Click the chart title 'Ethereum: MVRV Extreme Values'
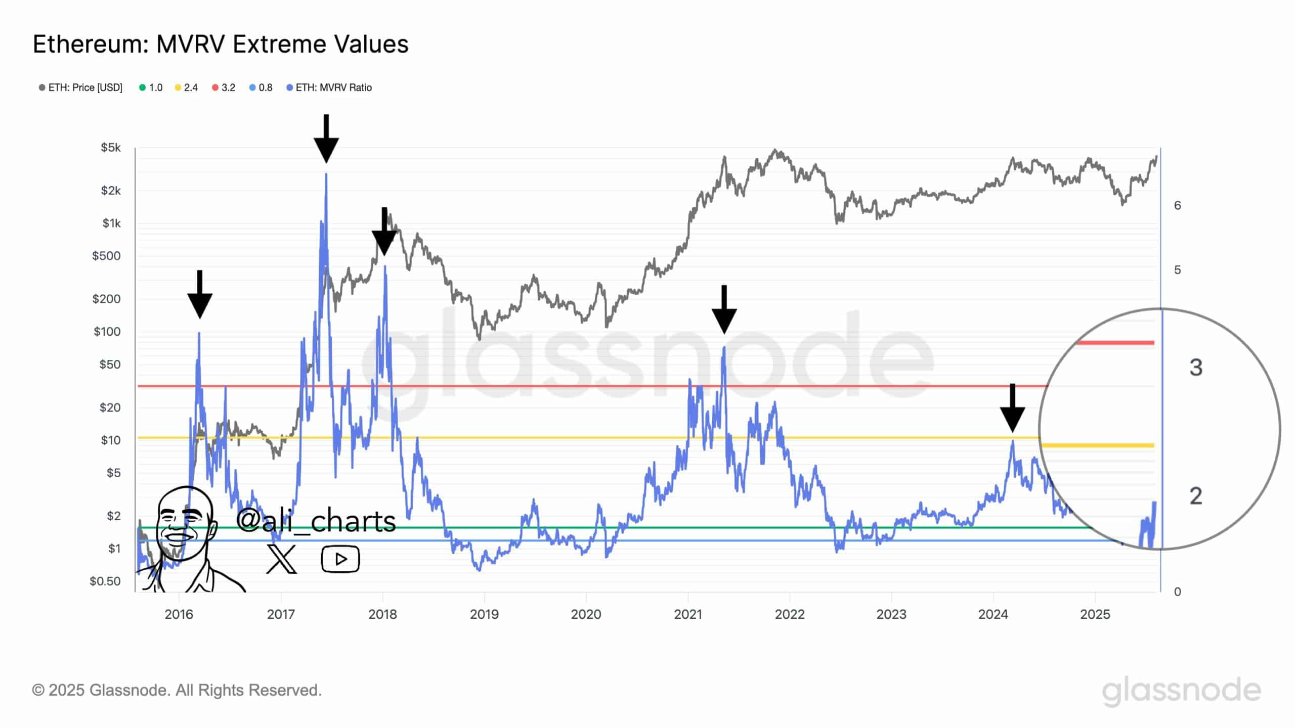[221, 44]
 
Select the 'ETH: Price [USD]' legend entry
[81, 87]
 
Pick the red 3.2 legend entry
[224, 87]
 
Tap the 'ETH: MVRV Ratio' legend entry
[329, 87]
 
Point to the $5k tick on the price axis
[111, 148]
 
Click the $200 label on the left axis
[106, 299]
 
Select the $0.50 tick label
[105, 581]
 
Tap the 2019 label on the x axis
[484, 614]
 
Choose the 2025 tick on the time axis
[1095, 614]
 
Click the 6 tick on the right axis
[1178, 205]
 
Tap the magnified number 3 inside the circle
[1196, 368]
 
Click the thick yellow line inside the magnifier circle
[1098, 445]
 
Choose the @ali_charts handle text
[316, 521]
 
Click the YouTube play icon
[340, 559]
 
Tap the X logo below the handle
[281, 559]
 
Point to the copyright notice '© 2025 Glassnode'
[177, 690]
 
